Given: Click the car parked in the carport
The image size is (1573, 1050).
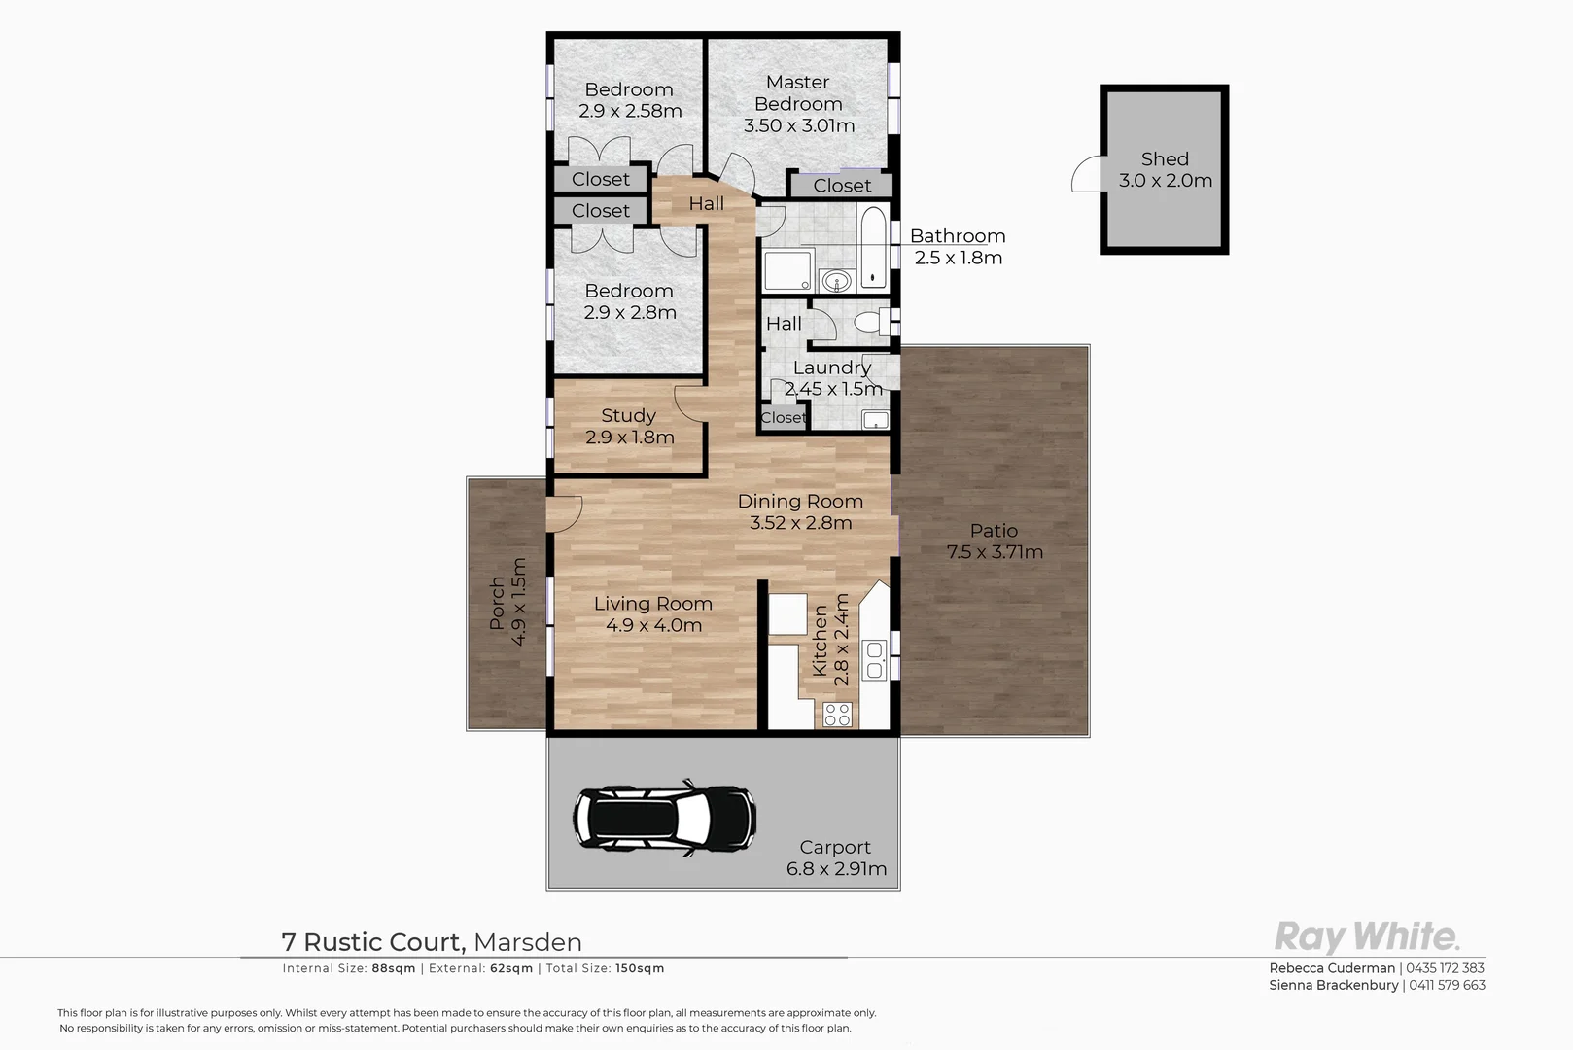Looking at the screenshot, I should pos(664,817).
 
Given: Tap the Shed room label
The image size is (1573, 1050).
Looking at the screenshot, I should pos(1165,159).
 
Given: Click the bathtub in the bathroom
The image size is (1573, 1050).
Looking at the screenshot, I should pos(874,248).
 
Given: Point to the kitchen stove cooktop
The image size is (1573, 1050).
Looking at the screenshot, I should pos(837,715).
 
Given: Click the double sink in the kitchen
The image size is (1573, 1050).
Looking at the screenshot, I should pos(874,658).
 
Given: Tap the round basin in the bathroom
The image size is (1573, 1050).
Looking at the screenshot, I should pos(835,282).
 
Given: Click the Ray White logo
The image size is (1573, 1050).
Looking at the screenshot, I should pos(1366,937).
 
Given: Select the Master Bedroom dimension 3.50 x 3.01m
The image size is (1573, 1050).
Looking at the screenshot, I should pos(799,125).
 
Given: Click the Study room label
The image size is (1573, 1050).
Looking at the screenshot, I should pos(628,415).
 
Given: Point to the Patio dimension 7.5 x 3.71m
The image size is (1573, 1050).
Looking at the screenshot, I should pos(995,552).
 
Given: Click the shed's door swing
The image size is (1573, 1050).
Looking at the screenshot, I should pos(1085,176).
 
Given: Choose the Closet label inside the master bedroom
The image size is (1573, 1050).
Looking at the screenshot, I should pos(842,186).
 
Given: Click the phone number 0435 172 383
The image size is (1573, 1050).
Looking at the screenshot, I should pos(1445,968).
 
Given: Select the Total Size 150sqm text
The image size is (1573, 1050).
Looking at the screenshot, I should pos(605,968).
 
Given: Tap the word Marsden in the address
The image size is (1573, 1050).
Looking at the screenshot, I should pos(528,942).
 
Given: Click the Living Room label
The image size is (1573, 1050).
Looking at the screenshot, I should pos(652,604).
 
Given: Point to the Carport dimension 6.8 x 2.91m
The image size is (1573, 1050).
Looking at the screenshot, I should pos(836,869).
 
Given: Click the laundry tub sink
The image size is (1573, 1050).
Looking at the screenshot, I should pos(875,420).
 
